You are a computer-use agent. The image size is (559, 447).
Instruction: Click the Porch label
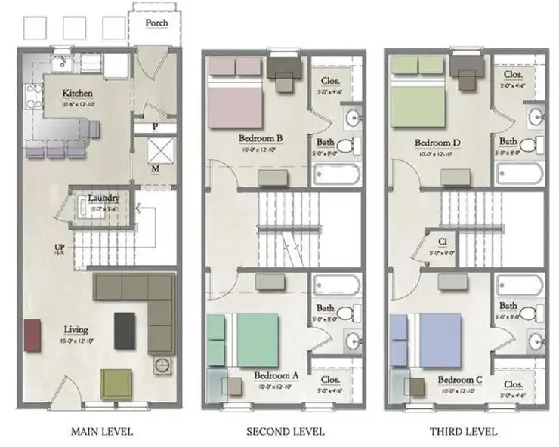coord(157,23)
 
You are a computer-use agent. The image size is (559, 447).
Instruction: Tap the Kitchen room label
coord(77,94)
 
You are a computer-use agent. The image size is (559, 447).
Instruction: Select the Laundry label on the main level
coord(103,199)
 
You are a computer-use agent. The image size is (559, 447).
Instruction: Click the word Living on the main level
coord(76,329)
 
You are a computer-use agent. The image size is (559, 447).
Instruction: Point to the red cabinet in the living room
coord(32,335)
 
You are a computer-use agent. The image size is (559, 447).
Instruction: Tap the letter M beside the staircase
coord(154,168)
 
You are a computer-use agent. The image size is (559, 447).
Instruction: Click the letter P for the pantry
coord(154,128)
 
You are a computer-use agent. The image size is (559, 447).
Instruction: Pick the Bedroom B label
coord(260,138)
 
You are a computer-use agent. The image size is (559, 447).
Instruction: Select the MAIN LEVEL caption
coord(101,432)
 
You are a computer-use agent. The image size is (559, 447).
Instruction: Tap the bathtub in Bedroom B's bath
coord(337,175)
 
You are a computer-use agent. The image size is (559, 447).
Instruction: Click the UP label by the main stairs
coord(58,247)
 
